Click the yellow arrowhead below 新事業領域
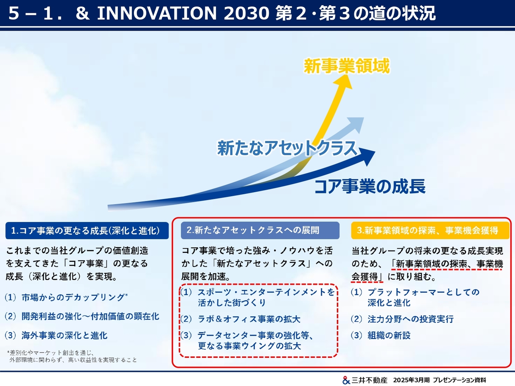click(344, 82)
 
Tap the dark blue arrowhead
click(367, 156)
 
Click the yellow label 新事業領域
click(347, 66)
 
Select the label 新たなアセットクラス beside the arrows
click(287, 148)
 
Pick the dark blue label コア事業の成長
click(370, 186)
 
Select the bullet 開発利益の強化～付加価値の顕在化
click(91, 316)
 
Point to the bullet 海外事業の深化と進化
click(64, 335)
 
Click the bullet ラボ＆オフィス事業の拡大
click(249, 319)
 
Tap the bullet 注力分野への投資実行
click(411, 319)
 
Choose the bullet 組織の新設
click(389, 335)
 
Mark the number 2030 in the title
click(246, 13)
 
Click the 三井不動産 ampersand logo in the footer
click(346, 380)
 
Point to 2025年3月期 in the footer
click(411, 380)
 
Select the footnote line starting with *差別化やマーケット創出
click(51, 353)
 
